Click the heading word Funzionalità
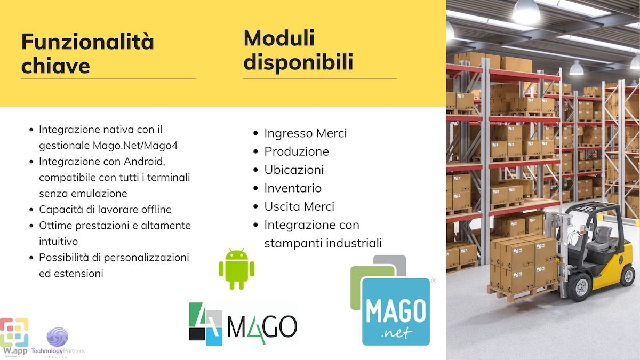(x=87, y=42)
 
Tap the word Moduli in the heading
(x=279, y=38)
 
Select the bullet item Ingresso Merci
(x=306, y=133)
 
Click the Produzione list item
(x=297, y=151)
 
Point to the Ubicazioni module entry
(x=294, y=170)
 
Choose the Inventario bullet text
(x=293, y=188)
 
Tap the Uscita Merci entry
(x=299, y=206)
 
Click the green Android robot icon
(x=237, y=269)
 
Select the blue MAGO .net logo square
(x=396, y=311)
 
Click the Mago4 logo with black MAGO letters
(x=243, y=324)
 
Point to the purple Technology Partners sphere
(x=58, y=337)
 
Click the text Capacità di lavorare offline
(x=105, y=210)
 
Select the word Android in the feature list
(x=145, y=162)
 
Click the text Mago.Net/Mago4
(x=135, y=146)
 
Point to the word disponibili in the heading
(x=298, y=62)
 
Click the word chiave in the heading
(x=55, y=66)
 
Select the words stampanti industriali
(x=323, y=243)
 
